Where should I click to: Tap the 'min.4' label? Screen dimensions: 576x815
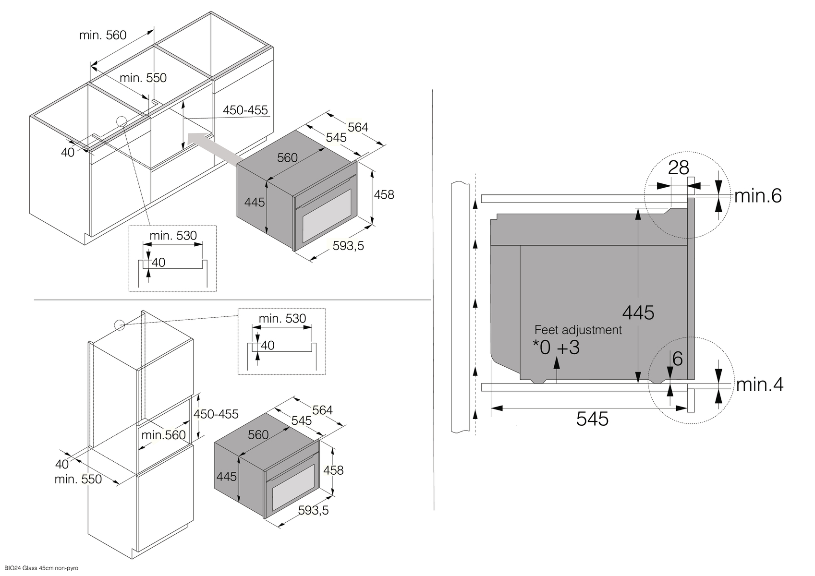click(759, 384)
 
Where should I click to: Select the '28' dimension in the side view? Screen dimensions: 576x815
click(678, 168)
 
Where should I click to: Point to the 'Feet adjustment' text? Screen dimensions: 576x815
click(578, 330)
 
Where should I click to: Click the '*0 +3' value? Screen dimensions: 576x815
click(556, 348)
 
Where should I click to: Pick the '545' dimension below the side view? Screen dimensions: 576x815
click(592, 419)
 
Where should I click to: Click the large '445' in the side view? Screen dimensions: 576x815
click(638, 313)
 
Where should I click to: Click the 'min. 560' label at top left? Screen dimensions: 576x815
click(103, 35)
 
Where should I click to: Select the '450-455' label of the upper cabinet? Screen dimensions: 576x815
click(245, 110)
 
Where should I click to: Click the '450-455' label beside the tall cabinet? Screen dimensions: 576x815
click(216, 414)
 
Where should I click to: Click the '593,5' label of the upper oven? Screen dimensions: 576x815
click(348, 246)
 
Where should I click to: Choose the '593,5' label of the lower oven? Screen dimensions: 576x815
click(313, 510)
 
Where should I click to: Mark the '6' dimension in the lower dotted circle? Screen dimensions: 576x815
click(677, 359)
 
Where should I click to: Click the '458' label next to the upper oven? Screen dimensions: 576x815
click(384, 194)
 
